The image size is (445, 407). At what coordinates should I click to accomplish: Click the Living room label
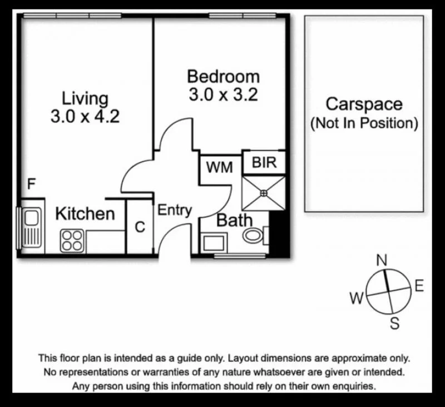(85, 99)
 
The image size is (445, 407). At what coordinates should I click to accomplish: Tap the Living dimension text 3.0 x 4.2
(85, 117)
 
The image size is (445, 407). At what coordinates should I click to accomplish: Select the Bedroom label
(223, 76)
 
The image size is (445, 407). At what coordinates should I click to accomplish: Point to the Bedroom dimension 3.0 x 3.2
(223, 95)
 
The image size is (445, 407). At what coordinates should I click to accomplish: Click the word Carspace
(364, 104)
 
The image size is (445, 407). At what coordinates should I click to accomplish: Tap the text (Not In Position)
(364, 123)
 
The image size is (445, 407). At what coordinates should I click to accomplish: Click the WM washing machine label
(220, 167)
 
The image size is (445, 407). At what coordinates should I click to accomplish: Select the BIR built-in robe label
(264, 163)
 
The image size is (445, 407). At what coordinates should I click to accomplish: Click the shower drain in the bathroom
(264, 193)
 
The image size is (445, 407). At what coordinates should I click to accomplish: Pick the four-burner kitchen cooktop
(72, 240)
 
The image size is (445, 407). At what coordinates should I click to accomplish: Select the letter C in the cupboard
(140, 227)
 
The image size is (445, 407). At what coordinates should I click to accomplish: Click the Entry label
(175, 210)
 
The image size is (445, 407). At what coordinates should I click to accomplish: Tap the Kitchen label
(85, 214)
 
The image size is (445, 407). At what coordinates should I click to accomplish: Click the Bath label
(234, 220)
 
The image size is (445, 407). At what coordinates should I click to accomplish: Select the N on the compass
(382, 260)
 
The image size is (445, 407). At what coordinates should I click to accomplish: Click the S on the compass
(394, 323)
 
